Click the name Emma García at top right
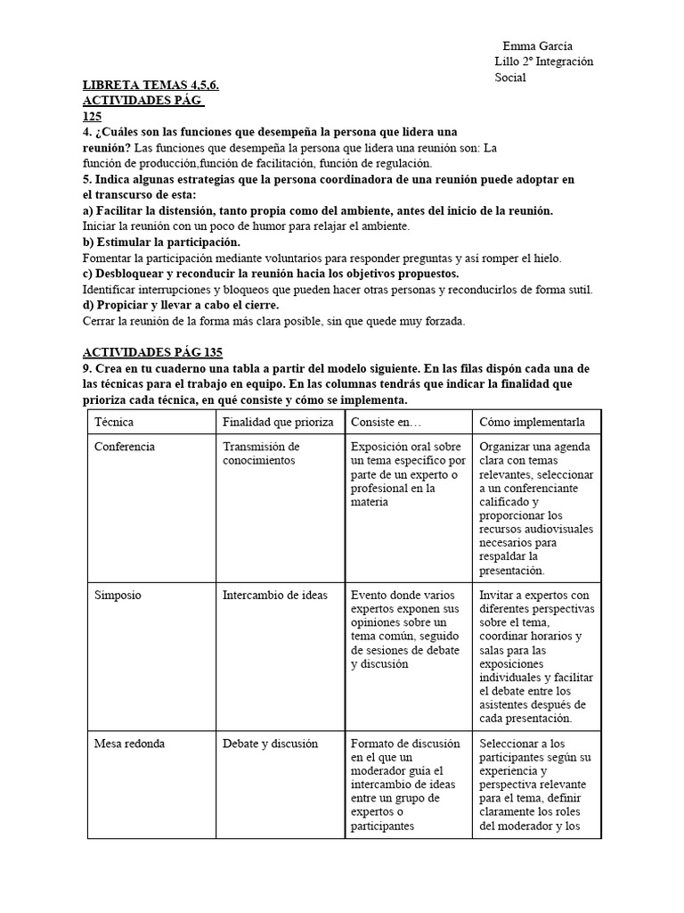coord(537,46)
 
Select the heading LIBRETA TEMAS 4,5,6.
coord(151,86)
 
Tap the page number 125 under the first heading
coord(92,117)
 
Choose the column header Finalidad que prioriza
coord(278,422)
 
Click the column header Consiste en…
coord(387,422)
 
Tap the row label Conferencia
coord(125,447)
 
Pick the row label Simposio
coord(118,595)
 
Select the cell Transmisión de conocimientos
coord(261,453)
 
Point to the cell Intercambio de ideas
coord(274,595)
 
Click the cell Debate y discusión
coord(270,744)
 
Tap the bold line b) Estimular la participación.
coord(161,243)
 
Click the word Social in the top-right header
coord(510,78)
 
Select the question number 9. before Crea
coord(87,368)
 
